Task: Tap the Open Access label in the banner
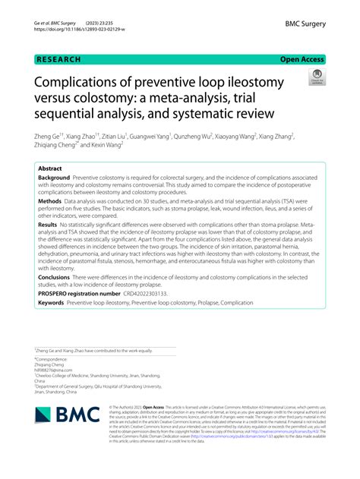tap(302, 59)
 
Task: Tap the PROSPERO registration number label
tap(80, 292)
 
